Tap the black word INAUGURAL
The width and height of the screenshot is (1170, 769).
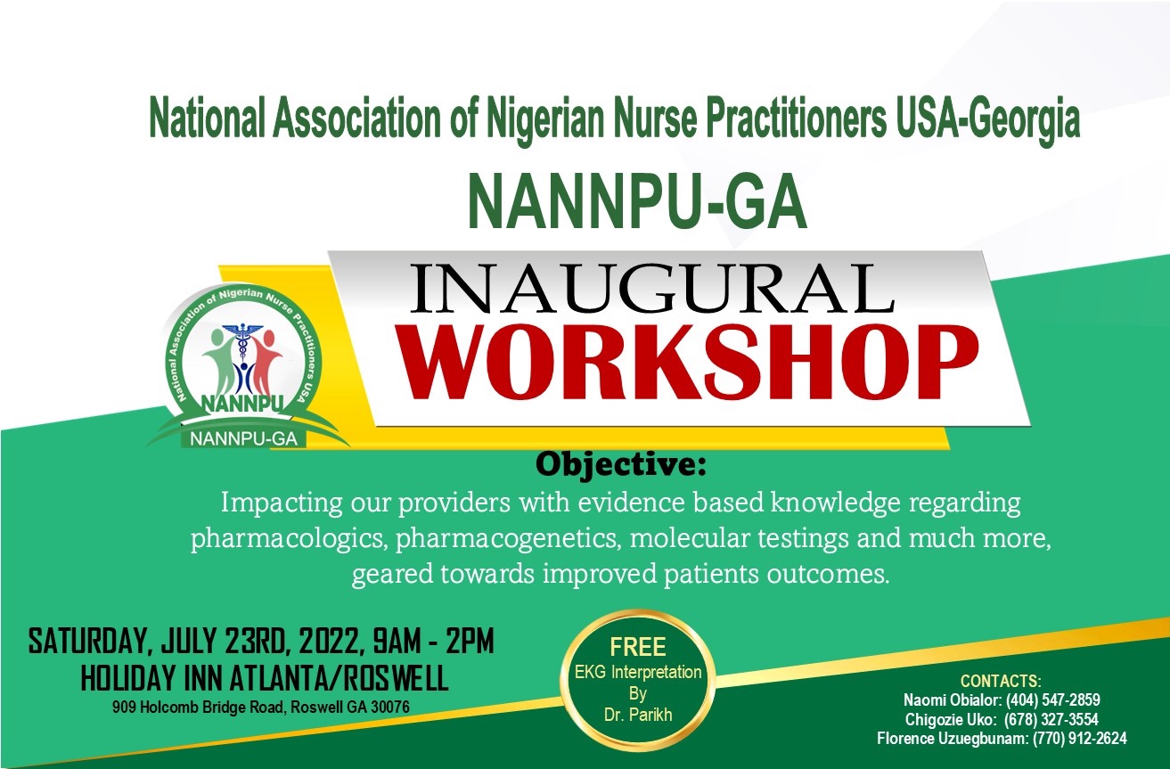652,289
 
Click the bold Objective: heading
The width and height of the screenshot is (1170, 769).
620,464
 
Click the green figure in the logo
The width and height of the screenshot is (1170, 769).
219,362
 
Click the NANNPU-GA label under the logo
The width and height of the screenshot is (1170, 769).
244,439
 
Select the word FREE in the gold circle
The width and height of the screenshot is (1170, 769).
638,647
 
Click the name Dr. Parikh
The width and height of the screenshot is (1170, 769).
638,714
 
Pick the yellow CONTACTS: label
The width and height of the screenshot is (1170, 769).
1001,682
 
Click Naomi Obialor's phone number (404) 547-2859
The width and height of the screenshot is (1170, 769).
1053,699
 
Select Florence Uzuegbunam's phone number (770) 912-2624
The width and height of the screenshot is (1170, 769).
1080,739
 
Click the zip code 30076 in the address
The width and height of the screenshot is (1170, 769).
390,707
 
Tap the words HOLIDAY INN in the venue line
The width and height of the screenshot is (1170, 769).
153,679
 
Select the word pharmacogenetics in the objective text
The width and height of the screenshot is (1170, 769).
508,539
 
